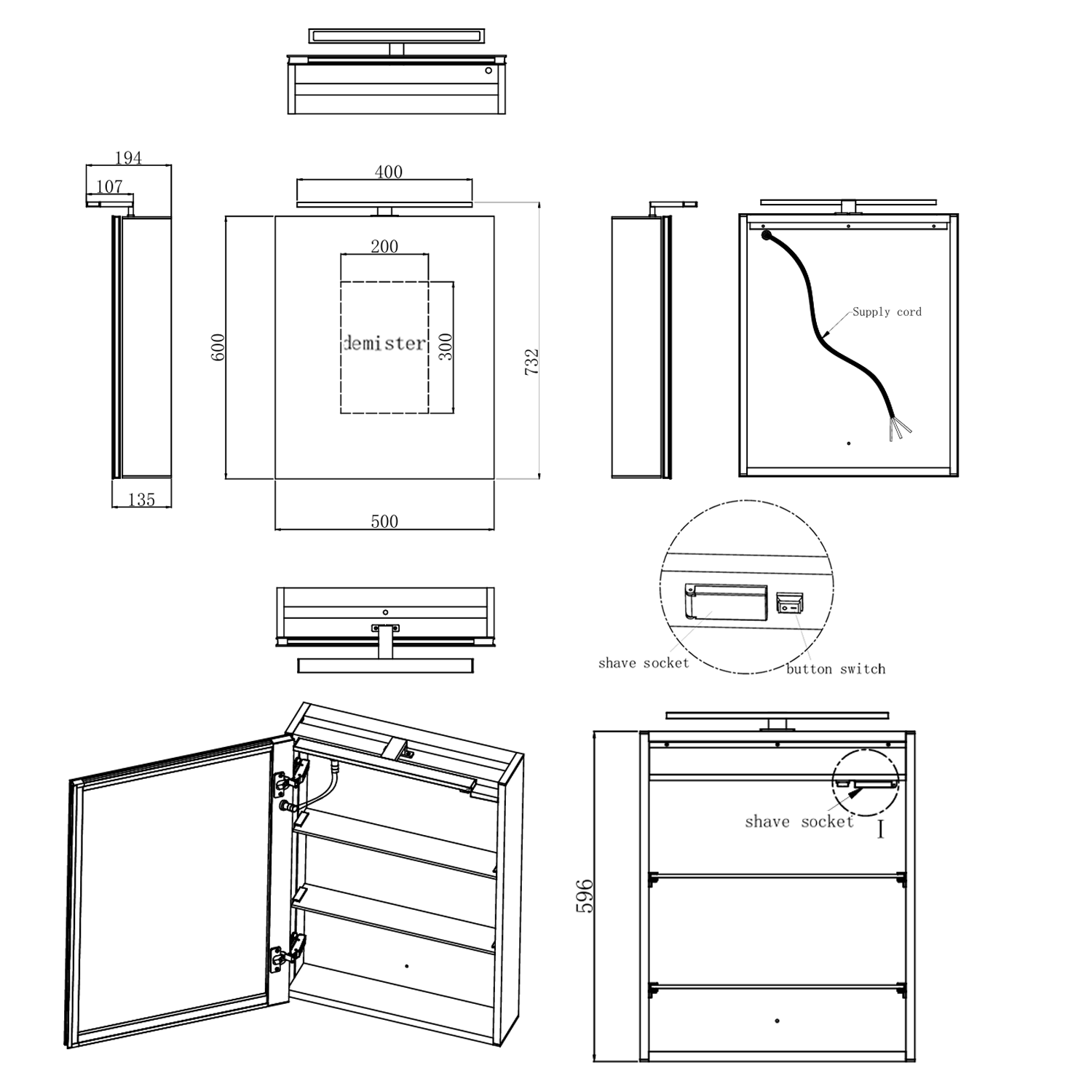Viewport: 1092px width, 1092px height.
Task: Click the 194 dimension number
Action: point(128,157)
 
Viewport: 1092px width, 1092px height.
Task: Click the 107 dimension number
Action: point(109,186)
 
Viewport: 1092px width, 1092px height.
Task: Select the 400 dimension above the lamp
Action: point(388,172)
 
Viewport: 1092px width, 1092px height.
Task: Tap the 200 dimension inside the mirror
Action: point(384,246)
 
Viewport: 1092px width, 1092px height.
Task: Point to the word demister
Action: point(384,343)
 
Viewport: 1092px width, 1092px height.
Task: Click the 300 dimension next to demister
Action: point(446,347)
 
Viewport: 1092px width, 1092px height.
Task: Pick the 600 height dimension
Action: point(218,347)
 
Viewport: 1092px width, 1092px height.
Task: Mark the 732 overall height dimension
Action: point(531,362)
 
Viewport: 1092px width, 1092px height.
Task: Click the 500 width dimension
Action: point(384,521)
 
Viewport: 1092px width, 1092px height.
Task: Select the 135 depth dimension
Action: point(141,499)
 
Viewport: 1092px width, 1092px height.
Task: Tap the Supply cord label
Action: point(887,312)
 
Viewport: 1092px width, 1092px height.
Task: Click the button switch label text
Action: point(836,668)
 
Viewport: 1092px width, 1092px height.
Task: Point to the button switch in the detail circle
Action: point(789,603)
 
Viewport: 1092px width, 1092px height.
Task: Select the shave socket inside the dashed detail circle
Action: point(725,601)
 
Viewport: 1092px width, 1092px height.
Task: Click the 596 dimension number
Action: point(585,896)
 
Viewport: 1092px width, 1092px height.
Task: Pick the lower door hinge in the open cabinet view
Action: point(288,951)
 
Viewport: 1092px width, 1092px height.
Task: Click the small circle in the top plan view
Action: point(488,71)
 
